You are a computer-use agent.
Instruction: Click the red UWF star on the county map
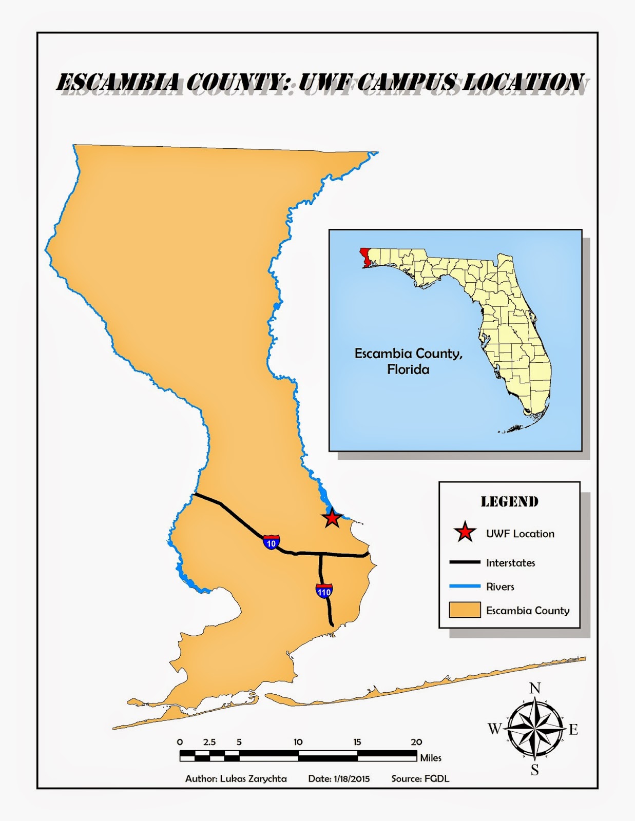[332, 518]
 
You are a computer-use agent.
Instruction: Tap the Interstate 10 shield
[272, 542]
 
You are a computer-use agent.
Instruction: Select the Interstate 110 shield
[324, 591]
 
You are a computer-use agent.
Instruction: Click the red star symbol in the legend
[465, 533]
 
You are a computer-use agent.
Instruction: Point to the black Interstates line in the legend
[465, 562]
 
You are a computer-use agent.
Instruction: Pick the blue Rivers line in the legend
[465, 586]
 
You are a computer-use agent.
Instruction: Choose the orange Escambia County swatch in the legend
[465, 610]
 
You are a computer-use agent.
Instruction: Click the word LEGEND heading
[509, 501]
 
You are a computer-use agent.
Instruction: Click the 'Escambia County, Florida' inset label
[409, 361]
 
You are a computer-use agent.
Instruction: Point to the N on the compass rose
[535, 688]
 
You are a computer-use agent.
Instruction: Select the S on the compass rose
[535, 770]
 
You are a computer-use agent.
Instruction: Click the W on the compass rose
[494, 729]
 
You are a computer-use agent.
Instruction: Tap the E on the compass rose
[573, 729]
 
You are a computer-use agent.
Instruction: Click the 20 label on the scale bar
[416, 742]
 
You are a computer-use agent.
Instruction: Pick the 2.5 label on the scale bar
[209, 742]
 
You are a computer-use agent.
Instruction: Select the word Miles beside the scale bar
[431, 758]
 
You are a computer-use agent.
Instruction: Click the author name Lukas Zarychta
[254, 778]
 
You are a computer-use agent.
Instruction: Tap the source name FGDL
[436, 778]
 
